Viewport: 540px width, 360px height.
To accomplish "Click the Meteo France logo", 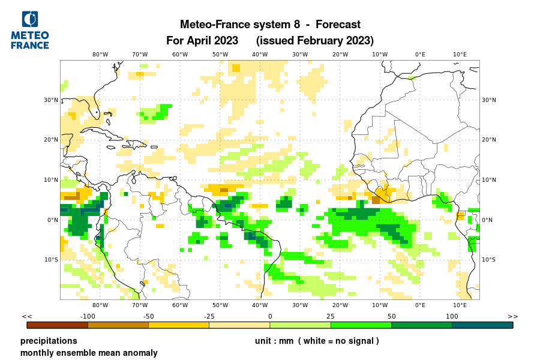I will (x=30, y=30).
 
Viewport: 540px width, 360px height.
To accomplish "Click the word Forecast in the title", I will (x=338, y=25).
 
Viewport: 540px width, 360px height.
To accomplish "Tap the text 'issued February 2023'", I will (x=315, y=41).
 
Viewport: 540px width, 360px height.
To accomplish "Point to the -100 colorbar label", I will (x=88, y=316).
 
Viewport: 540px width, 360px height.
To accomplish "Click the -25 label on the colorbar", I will (x=209, y=316).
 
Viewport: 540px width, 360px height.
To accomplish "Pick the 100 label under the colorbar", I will (x=452, y=316).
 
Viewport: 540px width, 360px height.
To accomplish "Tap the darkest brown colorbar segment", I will (x=58, y=325).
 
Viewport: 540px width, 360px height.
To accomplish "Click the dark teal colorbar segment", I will (x=482, y=325).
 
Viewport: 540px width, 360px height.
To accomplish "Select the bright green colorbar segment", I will (x=361, y=325).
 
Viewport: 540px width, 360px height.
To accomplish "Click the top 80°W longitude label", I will (x=100, y=55).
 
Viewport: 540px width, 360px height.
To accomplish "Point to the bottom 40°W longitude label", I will (x=260, y=305).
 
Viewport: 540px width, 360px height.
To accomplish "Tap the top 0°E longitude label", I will (x=420, y=55).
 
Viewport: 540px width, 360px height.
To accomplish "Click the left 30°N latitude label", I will (x=51, y=100).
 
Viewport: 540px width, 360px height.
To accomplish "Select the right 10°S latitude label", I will (x=489, y=260).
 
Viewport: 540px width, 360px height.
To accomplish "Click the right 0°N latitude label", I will (x=488, y=220).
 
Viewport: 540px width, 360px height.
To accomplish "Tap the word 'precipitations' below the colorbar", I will (x=49, y=341).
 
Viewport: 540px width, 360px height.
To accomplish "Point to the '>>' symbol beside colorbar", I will (x=512, y=316).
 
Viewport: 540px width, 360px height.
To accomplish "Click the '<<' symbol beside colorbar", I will (x=27, y=316).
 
